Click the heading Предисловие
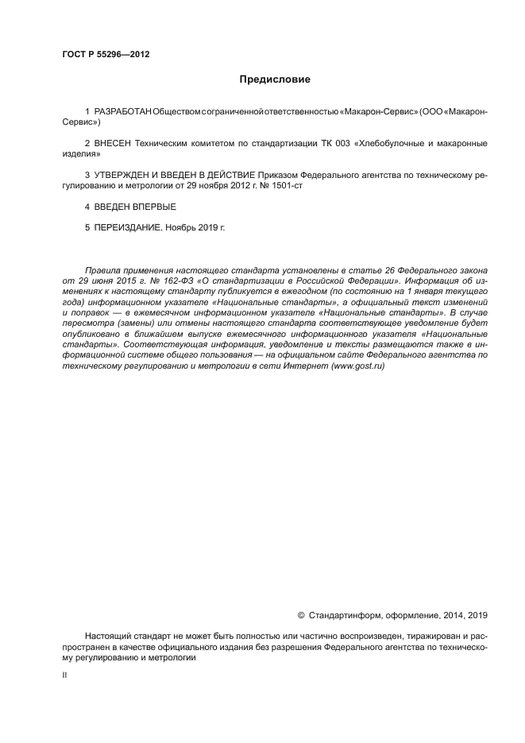275,79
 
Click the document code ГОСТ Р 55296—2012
106,55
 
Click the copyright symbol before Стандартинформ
301,614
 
